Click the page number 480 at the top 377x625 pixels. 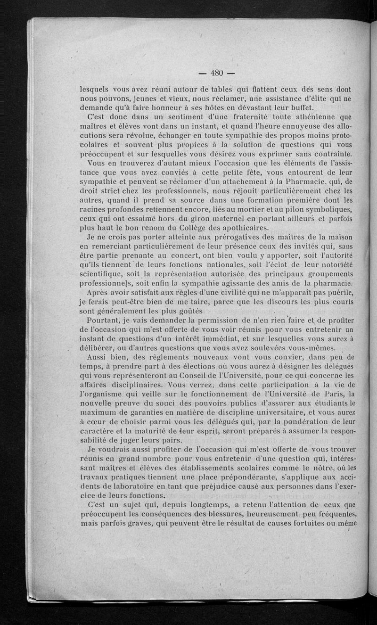216,73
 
